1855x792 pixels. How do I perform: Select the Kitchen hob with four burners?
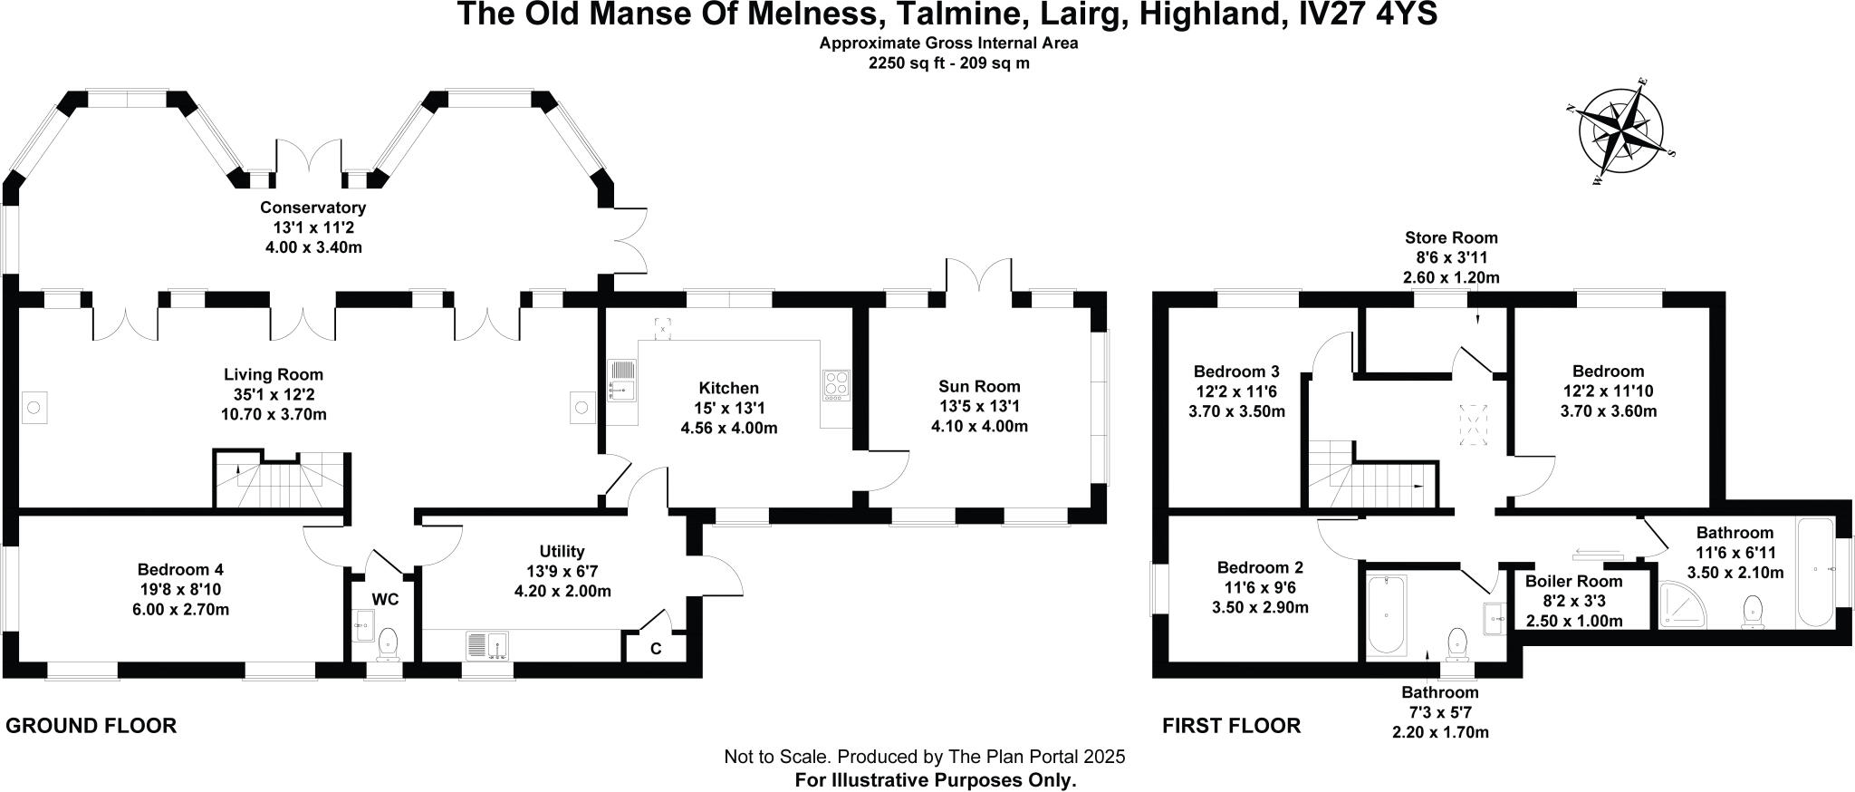(836, 384)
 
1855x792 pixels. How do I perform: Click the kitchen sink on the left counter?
(622, 380)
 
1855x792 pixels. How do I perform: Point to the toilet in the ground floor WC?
(389, 642)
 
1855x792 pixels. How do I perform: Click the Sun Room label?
(979, 386)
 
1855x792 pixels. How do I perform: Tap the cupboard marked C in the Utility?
(655, 648)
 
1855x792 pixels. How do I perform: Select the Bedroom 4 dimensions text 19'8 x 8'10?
(179, 589)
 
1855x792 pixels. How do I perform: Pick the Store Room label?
(1451, 237)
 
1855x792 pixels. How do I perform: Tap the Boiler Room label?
(1573, 581)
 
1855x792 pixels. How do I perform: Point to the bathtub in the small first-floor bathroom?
(1386, 613)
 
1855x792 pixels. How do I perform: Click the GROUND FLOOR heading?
(91, 725)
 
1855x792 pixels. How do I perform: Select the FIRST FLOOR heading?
(1231, 725)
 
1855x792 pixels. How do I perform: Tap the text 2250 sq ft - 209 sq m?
(948, 63)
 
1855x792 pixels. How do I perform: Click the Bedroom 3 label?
(1236, 372)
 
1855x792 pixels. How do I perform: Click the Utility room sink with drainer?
(487, 645)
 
